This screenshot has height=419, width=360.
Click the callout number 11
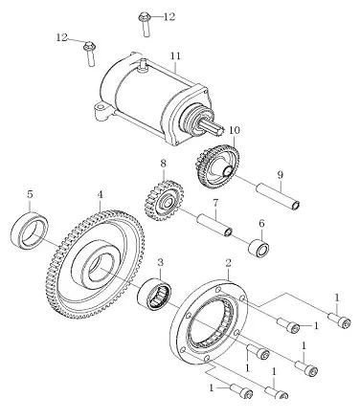[175, 56]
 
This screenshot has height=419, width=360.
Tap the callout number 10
[235, 130]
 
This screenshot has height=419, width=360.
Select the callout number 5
[30, 194]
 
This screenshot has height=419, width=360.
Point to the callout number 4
[101, 194]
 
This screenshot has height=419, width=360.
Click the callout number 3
[160, 263]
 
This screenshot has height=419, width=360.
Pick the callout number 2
[228, 263]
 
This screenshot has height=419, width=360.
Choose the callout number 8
[163, 164]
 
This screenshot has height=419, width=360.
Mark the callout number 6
[261, 224]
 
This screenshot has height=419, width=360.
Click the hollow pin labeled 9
[278, 197]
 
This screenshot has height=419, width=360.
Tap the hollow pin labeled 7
[214, 226]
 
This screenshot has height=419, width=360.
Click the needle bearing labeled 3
[154, 294]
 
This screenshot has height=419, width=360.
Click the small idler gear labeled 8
[165, 201]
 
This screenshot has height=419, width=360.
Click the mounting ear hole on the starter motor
[101, 106]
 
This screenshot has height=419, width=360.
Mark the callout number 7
[215, 203]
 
